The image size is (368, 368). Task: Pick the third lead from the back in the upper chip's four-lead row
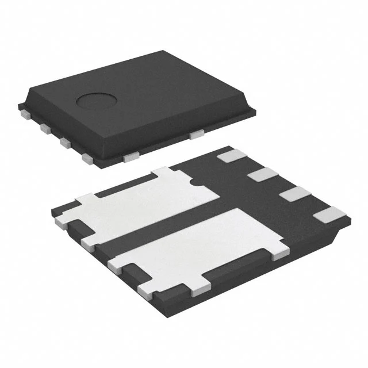[64, 142]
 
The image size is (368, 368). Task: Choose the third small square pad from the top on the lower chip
[292, 193]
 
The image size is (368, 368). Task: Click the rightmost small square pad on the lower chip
[329, 216]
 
